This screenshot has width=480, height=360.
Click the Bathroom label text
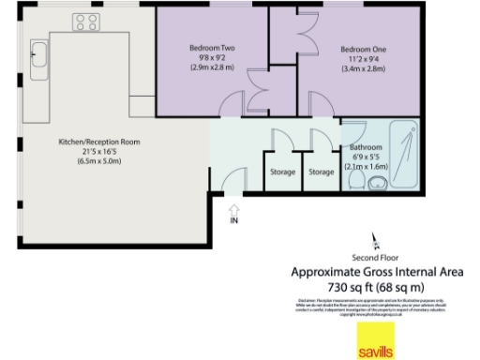tap(366, 148)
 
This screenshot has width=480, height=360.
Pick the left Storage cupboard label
tap(281, 172)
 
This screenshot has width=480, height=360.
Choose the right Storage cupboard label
tap(322, 172)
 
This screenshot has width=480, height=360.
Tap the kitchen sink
tap(39, 58)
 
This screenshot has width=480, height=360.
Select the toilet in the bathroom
tap(404, 172)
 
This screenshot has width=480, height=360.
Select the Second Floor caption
tap(374, 257)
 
